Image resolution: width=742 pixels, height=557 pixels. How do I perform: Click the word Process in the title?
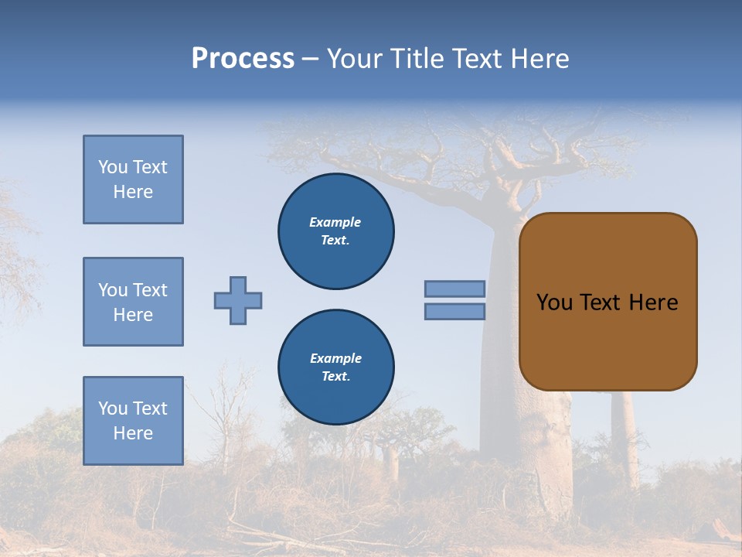[243, 59]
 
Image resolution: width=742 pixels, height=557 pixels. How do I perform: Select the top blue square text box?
[133, 179]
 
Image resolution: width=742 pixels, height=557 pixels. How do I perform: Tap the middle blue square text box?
[133, 302]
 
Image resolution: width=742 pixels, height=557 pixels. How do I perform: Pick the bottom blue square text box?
[133, 421]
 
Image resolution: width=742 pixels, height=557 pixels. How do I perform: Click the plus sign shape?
[238, 300]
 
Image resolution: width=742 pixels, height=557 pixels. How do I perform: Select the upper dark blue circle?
[336, 231]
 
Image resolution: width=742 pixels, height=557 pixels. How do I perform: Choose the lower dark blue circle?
[336, 367]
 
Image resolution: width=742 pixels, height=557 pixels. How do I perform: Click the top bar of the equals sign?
[454, 289]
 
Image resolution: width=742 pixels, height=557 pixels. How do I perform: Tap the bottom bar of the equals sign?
[454, 311]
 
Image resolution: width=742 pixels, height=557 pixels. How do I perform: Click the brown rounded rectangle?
[608, 340]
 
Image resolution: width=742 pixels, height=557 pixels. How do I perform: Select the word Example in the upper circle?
[335, 222]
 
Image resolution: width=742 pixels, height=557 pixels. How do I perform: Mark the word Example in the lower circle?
[335, 358]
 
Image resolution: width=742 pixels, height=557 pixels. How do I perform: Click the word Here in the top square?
[133, 192]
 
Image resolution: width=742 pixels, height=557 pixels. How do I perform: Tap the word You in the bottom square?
[112, 408]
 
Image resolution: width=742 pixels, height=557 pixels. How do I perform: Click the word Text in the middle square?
[150, 290]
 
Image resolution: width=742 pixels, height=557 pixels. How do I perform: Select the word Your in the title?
[353, 59]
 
